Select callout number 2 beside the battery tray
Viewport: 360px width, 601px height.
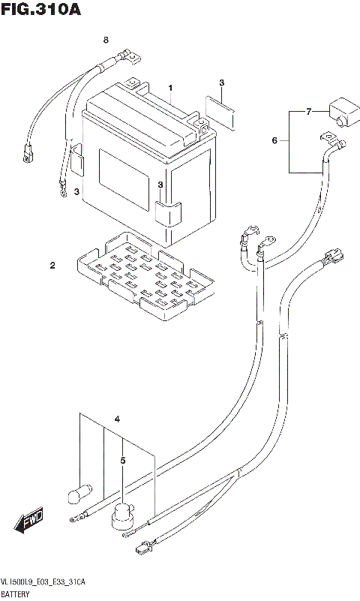52,265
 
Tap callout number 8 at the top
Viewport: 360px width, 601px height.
106,39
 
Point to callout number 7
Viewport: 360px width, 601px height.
307,112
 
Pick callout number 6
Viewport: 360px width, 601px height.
274,140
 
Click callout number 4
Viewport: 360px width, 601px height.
116,418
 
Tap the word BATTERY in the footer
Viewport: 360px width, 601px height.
17,593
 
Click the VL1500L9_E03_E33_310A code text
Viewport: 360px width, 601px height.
43,581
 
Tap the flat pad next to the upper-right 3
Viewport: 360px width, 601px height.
220,110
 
